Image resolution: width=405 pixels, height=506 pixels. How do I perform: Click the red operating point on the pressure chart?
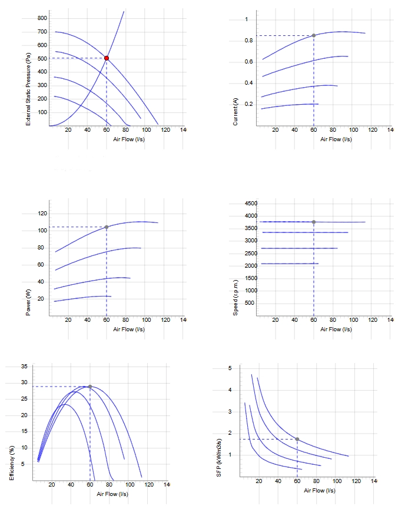click(107, 58)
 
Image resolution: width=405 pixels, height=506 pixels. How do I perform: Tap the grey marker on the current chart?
click(314, 35)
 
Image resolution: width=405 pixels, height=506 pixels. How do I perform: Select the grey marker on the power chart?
click(107, 227)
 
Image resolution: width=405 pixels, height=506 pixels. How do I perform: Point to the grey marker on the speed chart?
click(314, 222)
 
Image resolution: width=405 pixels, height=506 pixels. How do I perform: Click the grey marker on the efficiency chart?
click(90, 387)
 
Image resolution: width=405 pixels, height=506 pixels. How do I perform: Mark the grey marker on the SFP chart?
click(297, 439)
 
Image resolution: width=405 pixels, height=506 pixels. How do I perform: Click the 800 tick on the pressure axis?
click(42, 18)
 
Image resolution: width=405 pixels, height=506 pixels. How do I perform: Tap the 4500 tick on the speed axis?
click(251, 204)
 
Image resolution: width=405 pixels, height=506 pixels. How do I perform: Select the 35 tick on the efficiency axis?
click(24, 367)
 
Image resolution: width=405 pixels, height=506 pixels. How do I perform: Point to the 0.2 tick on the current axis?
click(248, 104)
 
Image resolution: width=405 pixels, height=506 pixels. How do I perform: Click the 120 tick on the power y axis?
click(42, 214)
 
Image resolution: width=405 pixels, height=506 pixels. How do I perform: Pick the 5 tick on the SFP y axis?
click(230, 368)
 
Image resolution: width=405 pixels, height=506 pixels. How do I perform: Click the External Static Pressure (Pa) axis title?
click(28, 89)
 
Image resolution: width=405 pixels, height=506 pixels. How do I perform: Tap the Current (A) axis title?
click(235, 112)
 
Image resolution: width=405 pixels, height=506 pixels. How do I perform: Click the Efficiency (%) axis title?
click(12, 463)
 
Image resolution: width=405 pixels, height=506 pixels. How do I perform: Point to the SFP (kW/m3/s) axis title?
click(218, 458)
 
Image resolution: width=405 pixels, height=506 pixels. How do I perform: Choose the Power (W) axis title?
click(28, 302)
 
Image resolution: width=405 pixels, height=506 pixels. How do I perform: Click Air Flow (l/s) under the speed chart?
click(336, 329)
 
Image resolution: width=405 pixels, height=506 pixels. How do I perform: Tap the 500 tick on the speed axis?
click(250, 302)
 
